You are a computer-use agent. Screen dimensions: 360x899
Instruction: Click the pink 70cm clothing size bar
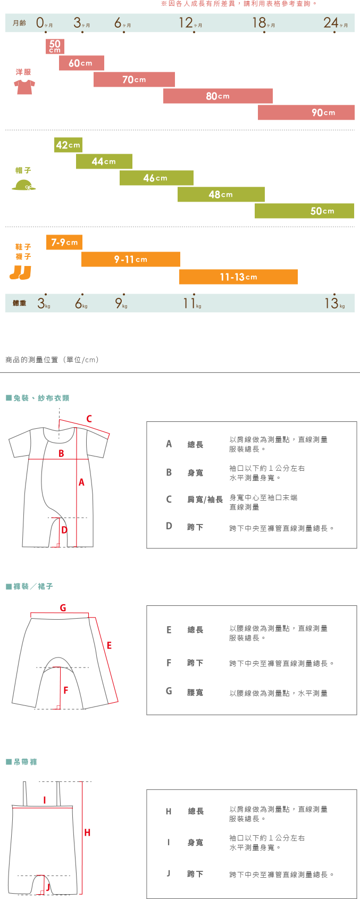pyautogui.click(x=134, y=79)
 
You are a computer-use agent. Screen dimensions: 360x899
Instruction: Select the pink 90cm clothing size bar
pyautogui.click(x=306, y=112)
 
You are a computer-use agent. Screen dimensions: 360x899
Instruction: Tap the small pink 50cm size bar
pyautogui.click(x=55, y=46)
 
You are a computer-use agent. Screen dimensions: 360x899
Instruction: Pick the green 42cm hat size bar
pyautogui.click(x=68, y=145)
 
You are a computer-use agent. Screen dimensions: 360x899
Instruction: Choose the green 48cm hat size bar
pyautogui.click(x=221, y=194)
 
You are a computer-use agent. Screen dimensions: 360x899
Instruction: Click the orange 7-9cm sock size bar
pyautogui.click(x=64, y=242)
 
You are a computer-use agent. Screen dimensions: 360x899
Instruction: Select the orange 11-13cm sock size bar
pyautogui.click(x=238, y=277)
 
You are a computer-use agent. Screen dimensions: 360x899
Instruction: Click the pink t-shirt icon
pyautogui.click(x=24, y=87)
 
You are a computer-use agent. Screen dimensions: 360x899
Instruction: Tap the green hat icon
pyautogui.click(x=24, y=185)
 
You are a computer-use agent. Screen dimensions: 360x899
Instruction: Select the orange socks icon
pyautogui.click(x=20, y=272)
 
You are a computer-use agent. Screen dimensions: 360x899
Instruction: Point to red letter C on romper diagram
pyautogui.click(x=89, y=419)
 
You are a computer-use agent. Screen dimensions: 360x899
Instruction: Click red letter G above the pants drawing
pyautogui.click(x=63, y=607)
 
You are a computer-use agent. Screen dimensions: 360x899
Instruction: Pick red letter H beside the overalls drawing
pyautogui.click(x=87, y=833)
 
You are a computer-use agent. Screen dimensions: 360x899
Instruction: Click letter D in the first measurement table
pyautogui.click(x=169, y=526)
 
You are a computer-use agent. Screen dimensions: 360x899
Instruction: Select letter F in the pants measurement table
pyautogui.click(x=169, y=663)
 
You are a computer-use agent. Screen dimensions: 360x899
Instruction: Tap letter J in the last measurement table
pyautogui.click(x=169, y=873)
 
